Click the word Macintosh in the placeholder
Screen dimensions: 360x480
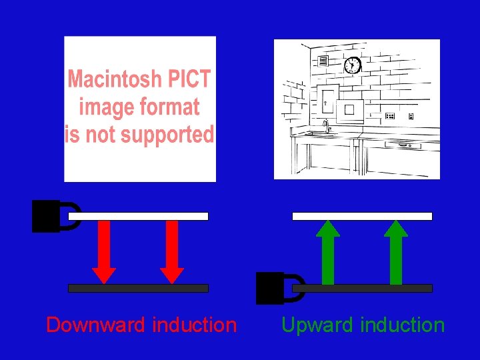point(113,79)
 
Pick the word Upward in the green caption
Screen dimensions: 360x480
point(316,325)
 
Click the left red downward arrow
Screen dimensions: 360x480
point(104,252)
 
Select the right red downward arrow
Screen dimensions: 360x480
point(172,252)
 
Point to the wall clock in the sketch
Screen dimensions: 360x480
point(352,65)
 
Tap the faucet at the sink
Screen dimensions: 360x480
point(325,125)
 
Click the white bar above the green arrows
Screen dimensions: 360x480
point(363,216)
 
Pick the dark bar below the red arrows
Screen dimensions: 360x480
point(139,288)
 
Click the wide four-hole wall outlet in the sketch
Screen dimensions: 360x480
point(390,115)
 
